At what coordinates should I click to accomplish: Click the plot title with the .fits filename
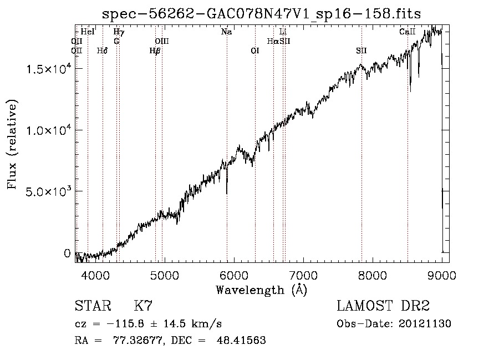pyautogui.click(x=261, y=14)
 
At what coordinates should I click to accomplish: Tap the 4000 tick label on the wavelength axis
pyautogui.click(x=96, y=275)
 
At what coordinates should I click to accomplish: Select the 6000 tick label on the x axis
pyautogui.click(x=234, y=275)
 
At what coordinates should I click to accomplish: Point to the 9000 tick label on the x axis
pyautogui.click(x=442, y=275)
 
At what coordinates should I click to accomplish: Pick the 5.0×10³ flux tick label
pyautogui.click(x=48, y=191)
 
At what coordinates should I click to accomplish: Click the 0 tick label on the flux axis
pyautogui.click(x=67, y=253)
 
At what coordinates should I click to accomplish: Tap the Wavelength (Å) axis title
pyautogui.click(x=261, y=290)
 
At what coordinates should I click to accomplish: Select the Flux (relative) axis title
pyautogui.click(x=12, y=144)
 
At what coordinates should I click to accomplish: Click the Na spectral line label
pyautogui.click(x=226, y=32)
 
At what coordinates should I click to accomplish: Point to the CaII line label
pyautogui.click(x=408, y=32)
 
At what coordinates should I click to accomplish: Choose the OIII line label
pyautogui.click(x=162, y=41)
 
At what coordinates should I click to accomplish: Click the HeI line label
pyautogui.click(x=88, y=32)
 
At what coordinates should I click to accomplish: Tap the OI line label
pyautogui.click(x=255, y=50)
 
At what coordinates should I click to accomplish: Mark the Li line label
pyautogui.click(x=283, y=32)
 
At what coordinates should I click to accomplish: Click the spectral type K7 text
pyautogui.click(x=143, y=306)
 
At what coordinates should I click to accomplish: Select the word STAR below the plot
pyautogui.click(x=93, y=306)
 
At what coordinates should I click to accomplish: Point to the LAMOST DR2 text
pyautogui.click(x=383, y=306)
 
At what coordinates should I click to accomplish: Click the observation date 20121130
pyautogui.click(x=425, y=324)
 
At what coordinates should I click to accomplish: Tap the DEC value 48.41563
pyautogui.click(x=241, y=340)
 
